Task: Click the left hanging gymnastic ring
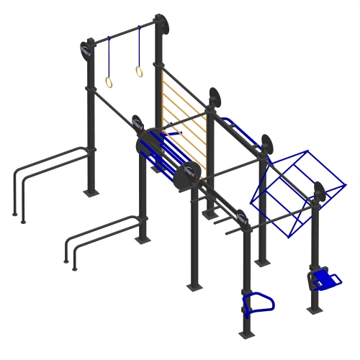(x=109, y=82)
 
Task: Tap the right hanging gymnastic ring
(x=138, y=71)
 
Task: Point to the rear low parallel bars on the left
(x=50, y=166)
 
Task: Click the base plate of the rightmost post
(x=315, y=310)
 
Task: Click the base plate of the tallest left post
(x=90, y=193)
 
